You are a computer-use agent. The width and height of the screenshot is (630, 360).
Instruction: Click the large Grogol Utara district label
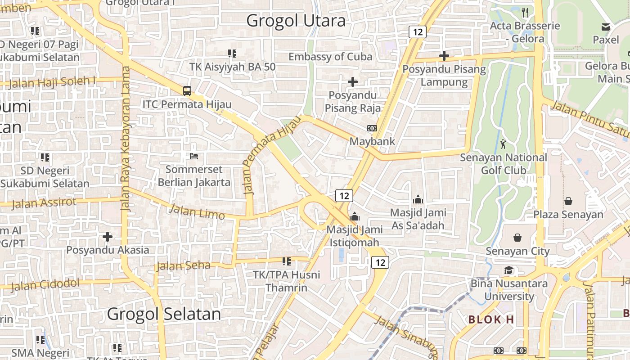[296, 20]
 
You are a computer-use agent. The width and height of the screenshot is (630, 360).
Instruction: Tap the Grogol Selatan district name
[164, 314]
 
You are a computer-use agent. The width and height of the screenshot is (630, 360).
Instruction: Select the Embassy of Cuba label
[330, 57]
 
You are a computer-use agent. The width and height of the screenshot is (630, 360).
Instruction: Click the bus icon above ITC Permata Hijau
[187, 90]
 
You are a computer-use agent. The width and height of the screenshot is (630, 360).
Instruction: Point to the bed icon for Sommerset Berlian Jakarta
[194, 157]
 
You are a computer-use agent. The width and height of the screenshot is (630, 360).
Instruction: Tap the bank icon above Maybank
[372, 128]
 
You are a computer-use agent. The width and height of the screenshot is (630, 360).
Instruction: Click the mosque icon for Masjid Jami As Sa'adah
[418, 199]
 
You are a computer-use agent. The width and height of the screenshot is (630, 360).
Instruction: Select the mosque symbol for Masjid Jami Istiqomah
[355, 216]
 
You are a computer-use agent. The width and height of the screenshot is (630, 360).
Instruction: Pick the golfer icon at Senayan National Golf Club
[503, 144]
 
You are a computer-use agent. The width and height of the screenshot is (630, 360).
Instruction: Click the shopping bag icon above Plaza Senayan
[568, 201]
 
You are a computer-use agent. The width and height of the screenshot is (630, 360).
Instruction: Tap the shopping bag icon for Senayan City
[517, 238]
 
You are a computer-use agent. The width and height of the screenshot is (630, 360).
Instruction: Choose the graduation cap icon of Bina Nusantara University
[508, 270]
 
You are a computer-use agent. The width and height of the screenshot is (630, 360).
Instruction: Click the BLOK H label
[491, 319]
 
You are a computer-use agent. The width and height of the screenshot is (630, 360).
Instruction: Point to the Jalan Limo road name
[197, 211]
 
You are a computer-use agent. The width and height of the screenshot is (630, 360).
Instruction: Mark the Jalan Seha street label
[183, 266]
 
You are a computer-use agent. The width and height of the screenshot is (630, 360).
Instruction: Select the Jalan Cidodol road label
[45, 285]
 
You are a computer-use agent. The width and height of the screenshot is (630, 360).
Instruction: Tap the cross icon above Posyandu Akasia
[107, 237]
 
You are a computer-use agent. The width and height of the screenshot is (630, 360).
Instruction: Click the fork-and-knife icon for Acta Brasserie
[525, 12]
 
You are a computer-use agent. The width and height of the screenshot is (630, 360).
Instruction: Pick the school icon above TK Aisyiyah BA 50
[232, 54]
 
